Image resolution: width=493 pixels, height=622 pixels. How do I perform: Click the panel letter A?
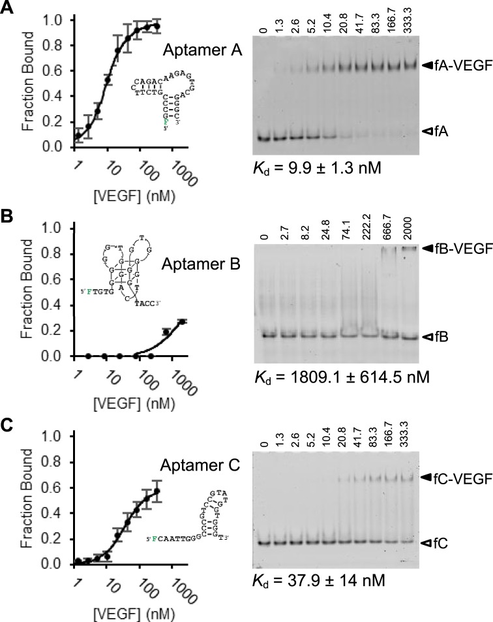[8, 9]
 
